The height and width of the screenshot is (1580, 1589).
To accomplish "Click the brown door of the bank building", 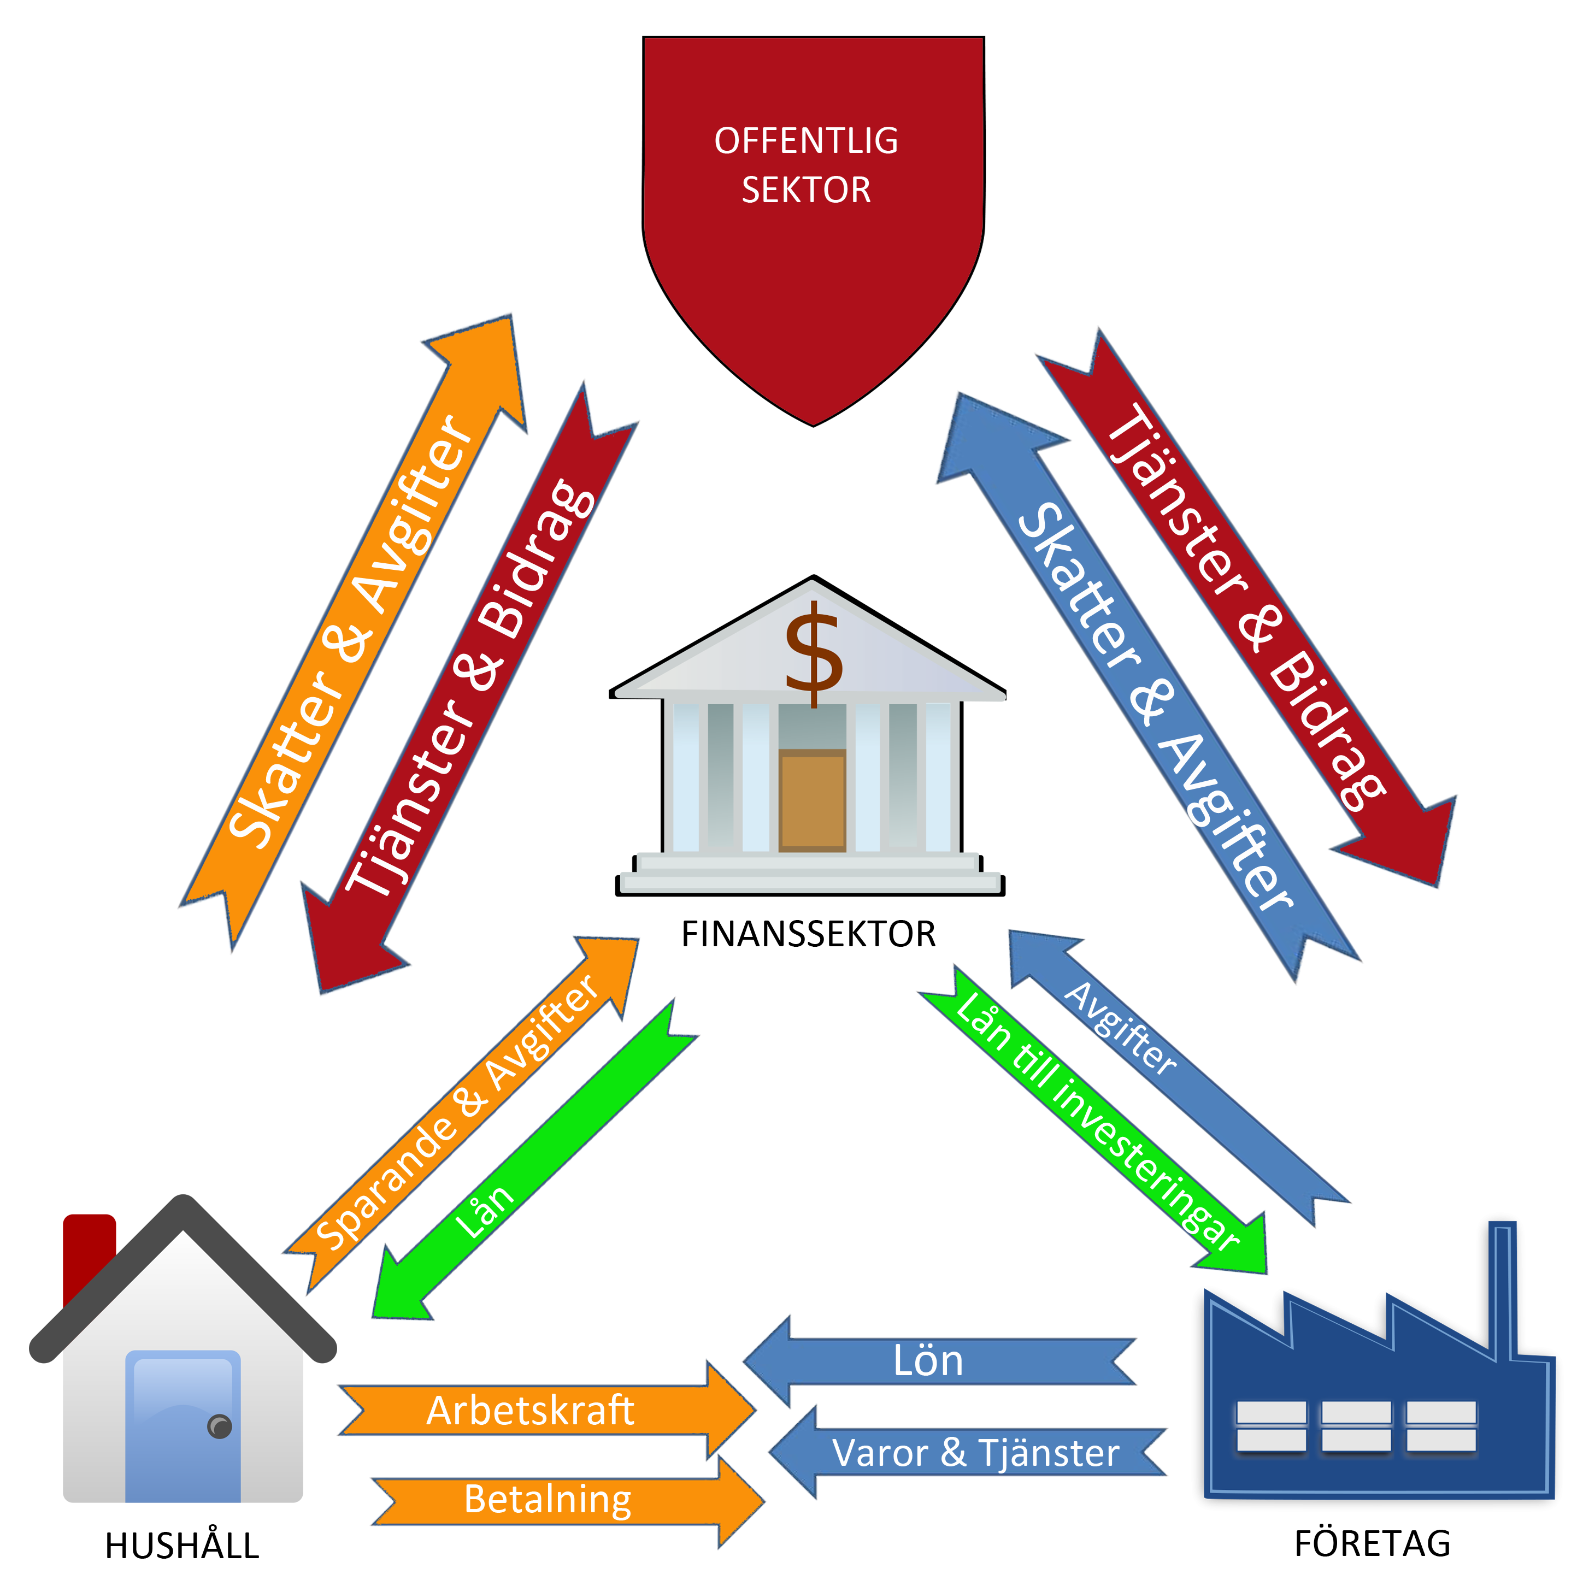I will (x=812, y=799).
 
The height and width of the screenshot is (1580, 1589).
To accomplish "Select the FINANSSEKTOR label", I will (x=809, y=934).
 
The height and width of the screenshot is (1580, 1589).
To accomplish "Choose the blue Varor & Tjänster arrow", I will (x=970, y=1452).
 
